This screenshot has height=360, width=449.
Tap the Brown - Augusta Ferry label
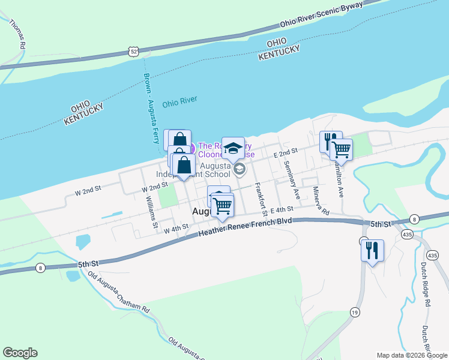click(x=151, y=111)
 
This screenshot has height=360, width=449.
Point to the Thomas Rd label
click(x=17, y=34)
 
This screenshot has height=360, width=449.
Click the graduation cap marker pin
click(x=233, y=148)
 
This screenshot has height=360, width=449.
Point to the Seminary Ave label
click(x=292, y=181)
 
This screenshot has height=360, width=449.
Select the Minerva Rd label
click(x=320, y=202)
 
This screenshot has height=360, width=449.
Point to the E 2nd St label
click(x=286, y=154)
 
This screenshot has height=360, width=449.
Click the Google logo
click(x=20, y=353)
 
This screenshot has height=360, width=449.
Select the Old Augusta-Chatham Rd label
click(x=118, y=292)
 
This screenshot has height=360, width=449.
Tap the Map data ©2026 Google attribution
click(x=411, y=355)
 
